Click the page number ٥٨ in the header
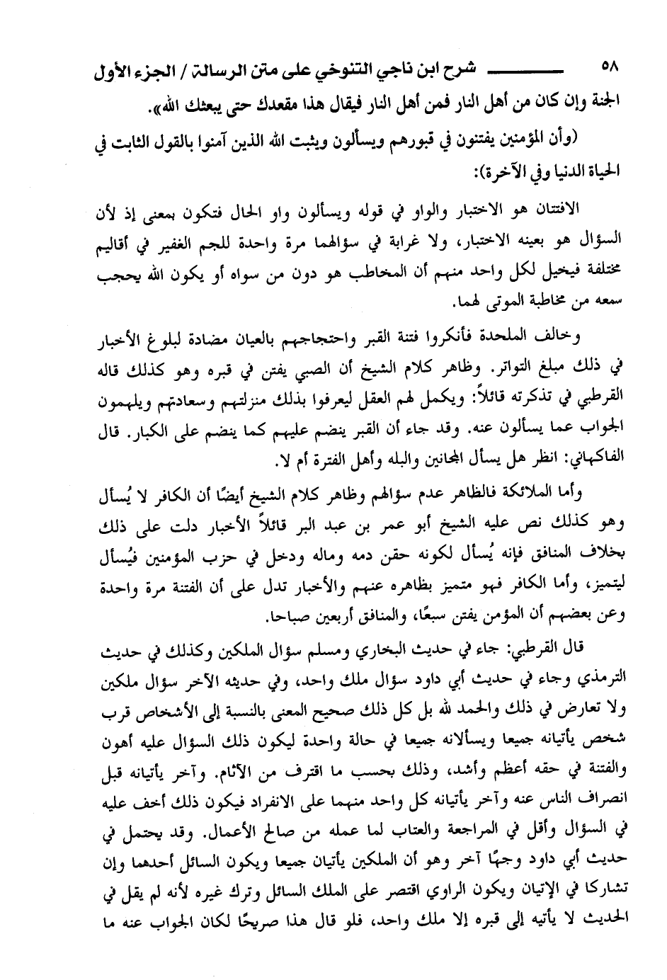tap(609, 69)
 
